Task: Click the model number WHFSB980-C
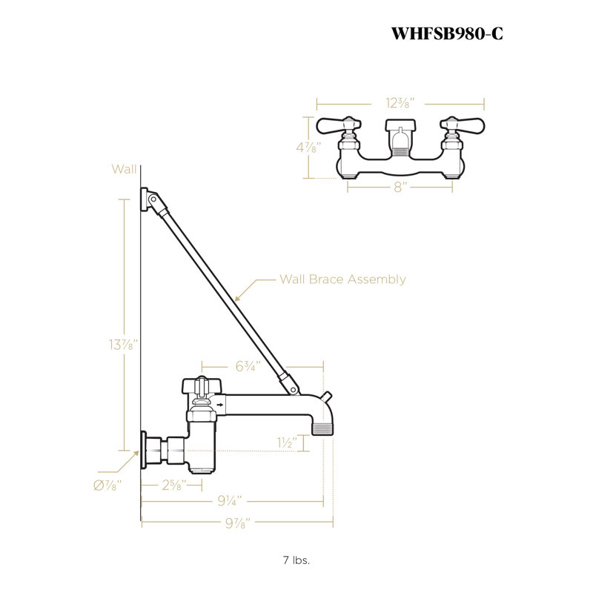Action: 447,33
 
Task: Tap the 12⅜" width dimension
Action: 400,103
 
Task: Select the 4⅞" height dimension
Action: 309,147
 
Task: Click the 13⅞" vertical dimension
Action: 123,345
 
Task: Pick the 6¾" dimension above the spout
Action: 248,366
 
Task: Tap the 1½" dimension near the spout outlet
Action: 287,443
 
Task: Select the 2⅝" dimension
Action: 174,485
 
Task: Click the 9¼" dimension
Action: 230,501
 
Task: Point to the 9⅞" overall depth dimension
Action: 238,523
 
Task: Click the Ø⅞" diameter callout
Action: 107,486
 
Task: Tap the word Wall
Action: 124,169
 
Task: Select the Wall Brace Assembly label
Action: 342,279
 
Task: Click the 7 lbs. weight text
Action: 296,560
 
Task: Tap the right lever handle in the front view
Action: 462,125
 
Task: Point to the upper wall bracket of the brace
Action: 145,199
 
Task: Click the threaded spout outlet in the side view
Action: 322,429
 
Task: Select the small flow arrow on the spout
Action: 220,405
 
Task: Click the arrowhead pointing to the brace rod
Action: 237,298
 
